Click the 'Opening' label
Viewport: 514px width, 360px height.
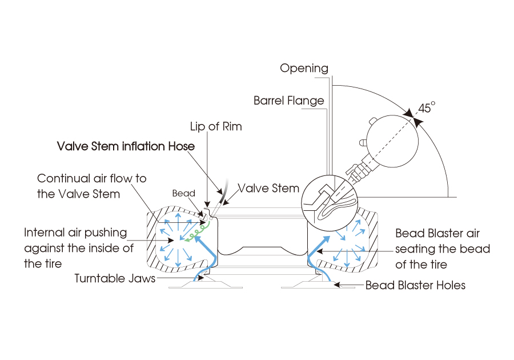click(x=304, y=69)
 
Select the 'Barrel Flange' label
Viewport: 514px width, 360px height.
click(x=288, y=101)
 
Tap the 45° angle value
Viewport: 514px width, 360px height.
click(x=426, y=108)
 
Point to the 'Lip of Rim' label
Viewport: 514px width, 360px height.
click(x=216, y=127)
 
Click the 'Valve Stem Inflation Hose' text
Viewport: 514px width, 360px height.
click(x=126, y=146)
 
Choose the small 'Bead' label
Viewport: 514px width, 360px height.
click(x=183, y=194)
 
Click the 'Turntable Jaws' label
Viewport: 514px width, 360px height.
click(x=115, y=279)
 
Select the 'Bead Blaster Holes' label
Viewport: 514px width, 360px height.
click(x=415, y=285)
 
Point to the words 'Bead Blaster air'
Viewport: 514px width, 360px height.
click(x=437, y=233)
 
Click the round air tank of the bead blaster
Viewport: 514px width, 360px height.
click(x=392, y=141)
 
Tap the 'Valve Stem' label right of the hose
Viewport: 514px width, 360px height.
click(x=268, y=188)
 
